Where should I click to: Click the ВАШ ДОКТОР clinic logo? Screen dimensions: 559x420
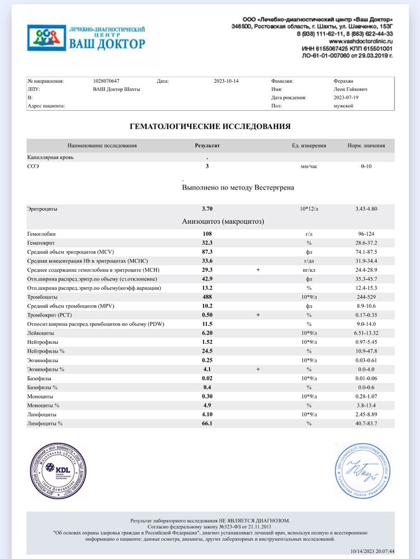click(86, 37)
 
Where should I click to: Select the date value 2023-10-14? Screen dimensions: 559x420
click(226, 81)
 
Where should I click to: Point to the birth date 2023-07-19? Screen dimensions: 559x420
click(345, 97)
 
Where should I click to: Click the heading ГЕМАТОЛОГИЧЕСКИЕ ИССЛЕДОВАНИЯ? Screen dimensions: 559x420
click(210, 126)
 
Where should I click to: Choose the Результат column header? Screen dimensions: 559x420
click(207, 146)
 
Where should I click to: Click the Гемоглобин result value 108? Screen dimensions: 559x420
click(207, 234)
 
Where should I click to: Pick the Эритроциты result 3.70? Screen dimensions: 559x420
click(207, 209)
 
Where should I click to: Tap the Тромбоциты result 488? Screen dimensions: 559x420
click(207, 297)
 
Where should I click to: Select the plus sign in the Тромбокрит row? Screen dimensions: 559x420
click(258, 315)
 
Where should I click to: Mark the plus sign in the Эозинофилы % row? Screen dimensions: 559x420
click(258, 369)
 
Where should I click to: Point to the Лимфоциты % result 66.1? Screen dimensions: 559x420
click(207, 424)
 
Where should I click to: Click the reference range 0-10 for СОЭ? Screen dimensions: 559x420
click(367, 166)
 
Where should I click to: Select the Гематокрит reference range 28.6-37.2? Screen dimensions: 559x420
click(367, 243)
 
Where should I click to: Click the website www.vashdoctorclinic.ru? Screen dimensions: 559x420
click(360, 41)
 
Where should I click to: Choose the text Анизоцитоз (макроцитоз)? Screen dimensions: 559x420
click(223, 221)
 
